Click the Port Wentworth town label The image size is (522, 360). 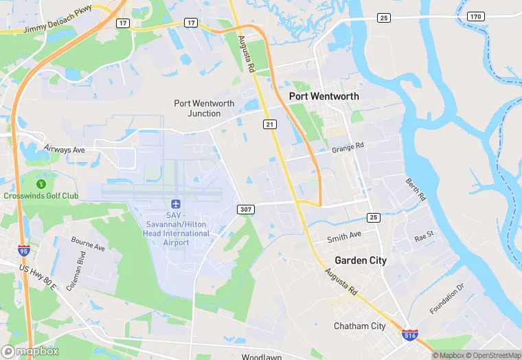pyautogui.click(x=324, y=96)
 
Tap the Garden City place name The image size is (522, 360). pyautogui.click(x=360, y=260)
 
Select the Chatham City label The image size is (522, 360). pyautogui.click(x=359, y=326)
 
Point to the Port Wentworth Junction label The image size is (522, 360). pyautogui.click(x=204, y=109)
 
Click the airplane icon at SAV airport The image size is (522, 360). pyautogui.click(x=175, y=205)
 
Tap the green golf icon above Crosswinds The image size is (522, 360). pyautogui.click(x=41, y=183)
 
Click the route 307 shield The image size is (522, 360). pyautogui.click(x=245, y=209)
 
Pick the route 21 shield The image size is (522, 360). pyautogui.click(x=269, y=124)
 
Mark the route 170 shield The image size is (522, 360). pyautogui.click(x=476, y=16)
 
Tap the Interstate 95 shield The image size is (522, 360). pyautogui.click(x=25, y=251)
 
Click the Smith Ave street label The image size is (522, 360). pyautogui.click(x=343, y=236)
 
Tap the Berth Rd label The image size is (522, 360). pyautogui.click(x=416, y=188)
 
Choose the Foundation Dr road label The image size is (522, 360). pyautogui.click(x=447, y=298)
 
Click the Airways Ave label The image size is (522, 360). pyautogui.click(x=64, y=149)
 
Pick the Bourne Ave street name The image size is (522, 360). pyautogui.click(x=89, y=244)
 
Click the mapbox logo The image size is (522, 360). pyautogui.click(x=30, y=351)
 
